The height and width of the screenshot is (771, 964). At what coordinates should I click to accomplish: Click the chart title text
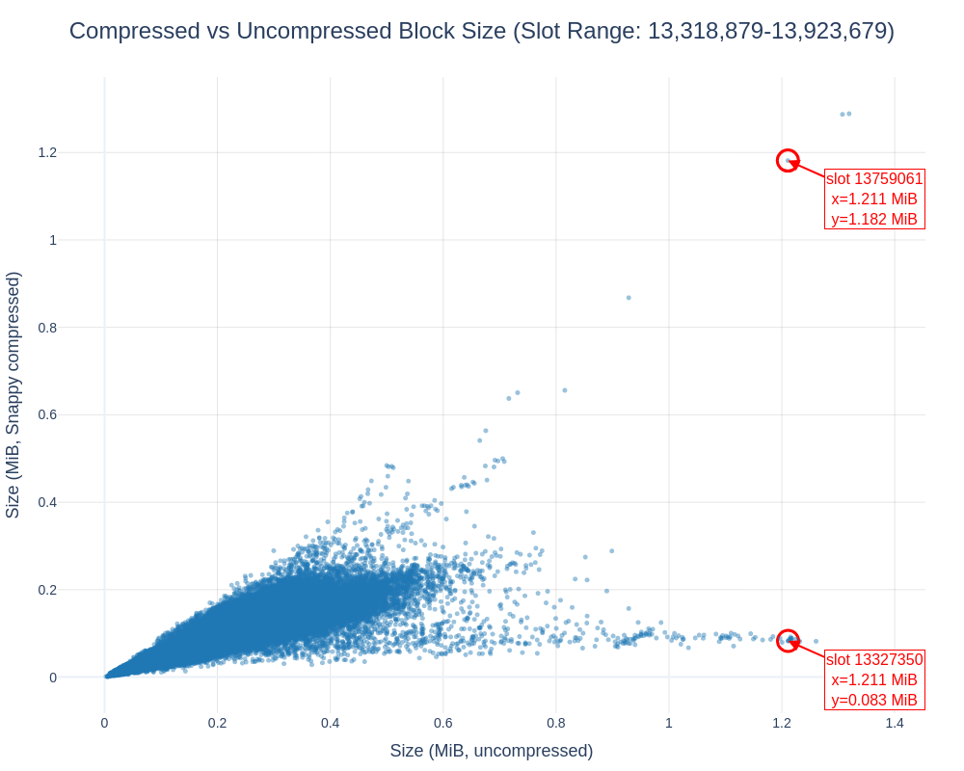click(x=482, y=31)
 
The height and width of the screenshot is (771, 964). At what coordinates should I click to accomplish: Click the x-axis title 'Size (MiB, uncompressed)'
click(x=491, y=751)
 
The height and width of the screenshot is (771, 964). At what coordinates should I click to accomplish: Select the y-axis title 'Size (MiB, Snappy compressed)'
click(x=13, y=395)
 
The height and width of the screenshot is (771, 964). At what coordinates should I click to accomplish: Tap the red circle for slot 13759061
click(x=788, y=161)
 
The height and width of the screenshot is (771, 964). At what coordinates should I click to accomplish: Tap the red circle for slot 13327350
click(x=788, y=640)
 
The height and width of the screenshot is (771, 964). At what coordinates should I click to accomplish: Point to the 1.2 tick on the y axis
click(x=47, y=152)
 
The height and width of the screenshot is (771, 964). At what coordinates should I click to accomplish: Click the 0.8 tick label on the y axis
click(x=47, y=328)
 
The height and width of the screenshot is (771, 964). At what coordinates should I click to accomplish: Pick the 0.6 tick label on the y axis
click(x=47, y=414)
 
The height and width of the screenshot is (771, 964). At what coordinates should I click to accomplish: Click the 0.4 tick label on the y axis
click(x=47, y=502)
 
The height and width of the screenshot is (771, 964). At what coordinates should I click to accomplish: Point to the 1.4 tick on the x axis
click(x=895, y=723)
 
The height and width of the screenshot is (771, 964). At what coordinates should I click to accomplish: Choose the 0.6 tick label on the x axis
click(x=443, y=723)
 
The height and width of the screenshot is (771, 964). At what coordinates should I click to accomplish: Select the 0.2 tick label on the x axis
click(x=217, y=723)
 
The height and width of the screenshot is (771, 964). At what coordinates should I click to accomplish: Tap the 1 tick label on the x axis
click(x=669, y=723)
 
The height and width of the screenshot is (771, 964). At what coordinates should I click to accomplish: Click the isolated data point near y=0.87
click(x=629, y=298)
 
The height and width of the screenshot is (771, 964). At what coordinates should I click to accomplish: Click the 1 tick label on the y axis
click(x=53, y=240)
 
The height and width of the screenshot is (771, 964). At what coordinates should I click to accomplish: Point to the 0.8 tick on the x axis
click(x=556, y=723)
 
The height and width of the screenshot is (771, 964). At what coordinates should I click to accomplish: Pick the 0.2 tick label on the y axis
click(x=47, y=590)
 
